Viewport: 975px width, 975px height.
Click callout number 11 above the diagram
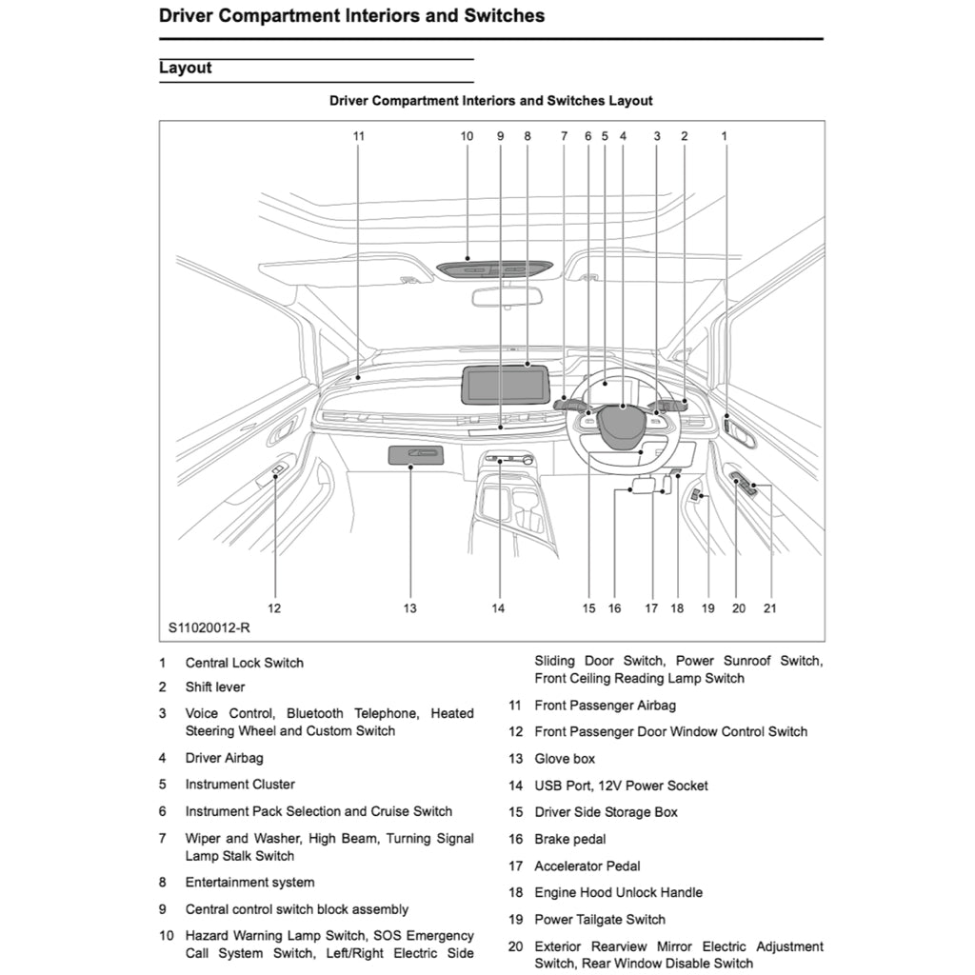[x=359, y=136]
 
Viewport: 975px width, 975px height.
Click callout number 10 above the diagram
[x=467, y=136]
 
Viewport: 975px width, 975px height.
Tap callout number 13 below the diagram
[x=409, y=608]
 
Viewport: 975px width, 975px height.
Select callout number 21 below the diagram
[x=769, y=608]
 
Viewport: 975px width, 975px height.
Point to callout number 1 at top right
[x=724, y=136]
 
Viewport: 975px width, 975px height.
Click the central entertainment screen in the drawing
[x=506, y=385]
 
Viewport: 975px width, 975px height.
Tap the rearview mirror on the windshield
[x=507, y=296]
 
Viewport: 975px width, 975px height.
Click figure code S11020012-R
[x=209, y=628]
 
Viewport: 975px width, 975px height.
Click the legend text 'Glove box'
[x=565, y=759]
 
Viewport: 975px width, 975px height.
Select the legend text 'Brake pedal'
[x=570, y=839]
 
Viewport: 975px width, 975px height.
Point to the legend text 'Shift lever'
[x=215, y=686]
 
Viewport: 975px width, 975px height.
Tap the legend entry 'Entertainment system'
[x=249, y=883]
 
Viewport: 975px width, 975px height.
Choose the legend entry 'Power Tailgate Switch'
[x=600, y=920]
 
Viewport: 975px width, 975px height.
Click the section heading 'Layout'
[x=186, y=69]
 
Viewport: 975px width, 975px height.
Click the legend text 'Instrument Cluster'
[x=240, y=785]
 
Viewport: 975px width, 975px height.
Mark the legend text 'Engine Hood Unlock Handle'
[x=618, y=892]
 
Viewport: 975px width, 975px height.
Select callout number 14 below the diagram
[x=498, y=608]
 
